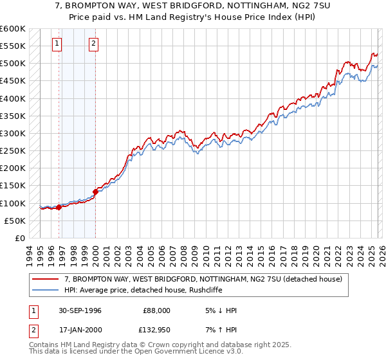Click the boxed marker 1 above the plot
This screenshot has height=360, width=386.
click(x=57, y=44)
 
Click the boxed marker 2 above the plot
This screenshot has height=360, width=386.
click(x=94, y=44)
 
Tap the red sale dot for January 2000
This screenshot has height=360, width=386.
click(x=95, y=191)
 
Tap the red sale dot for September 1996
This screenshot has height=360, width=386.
click(x=59, y=207)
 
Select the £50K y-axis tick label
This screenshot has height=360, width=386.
click(x=15, y=221)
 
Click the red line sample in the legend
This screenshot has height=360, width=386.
click(x=46, y=280)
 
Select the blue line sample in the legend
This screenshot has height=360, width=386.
click(x=46, y=291)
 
